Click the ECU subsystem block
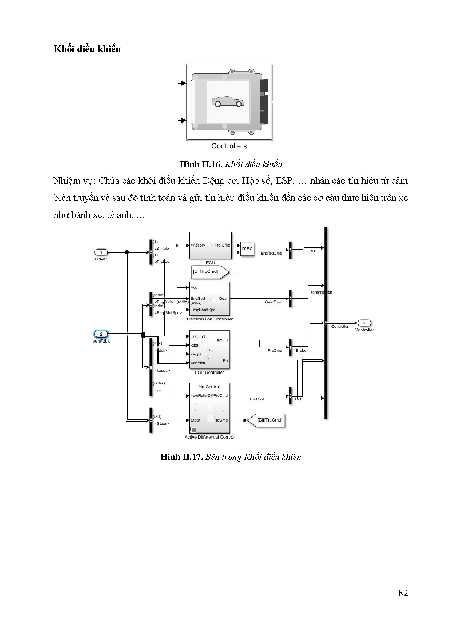tap(210, 246)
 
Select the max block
tap(247, 249)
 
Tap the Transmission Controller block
tap(209, 299)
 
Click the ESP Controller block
tap(209, 350)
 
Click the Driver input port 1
tap(101, 252)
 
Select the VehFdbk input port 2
tap(101, 334)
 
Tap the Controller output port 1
tap(364, 323)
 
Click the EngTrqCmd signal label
tap(271, 253)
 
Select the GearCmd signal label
tap(273, 302)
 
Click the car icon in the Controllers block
tap(228, 101)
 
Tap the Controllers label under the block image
tap(229, 146)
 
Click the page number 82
tap(403, 593)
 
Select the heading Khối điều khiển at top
tap(87, 49)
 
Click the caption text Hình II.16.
tap(201, 164)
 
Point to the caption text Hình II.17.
tap(181, 457)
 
